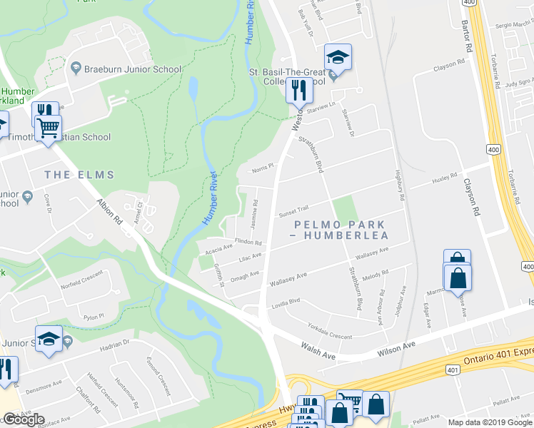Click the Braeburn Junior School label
point(132,68)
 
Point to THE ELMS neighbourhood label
point(75,174)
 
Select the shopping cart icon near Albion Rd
point(49,128)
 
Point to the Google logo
point(24,420)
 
